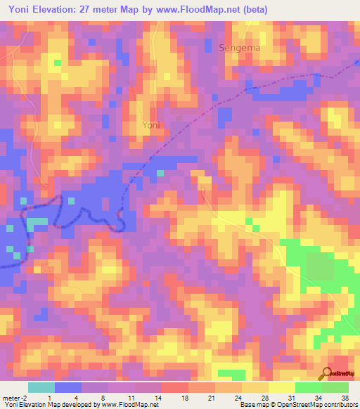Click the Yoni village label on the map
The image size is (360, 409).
click(x=150, y=125)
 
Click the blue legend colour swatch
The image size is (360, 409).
click(x=68, y=387)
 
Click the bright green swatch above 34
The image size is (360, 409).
click(x=309, y=387)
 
